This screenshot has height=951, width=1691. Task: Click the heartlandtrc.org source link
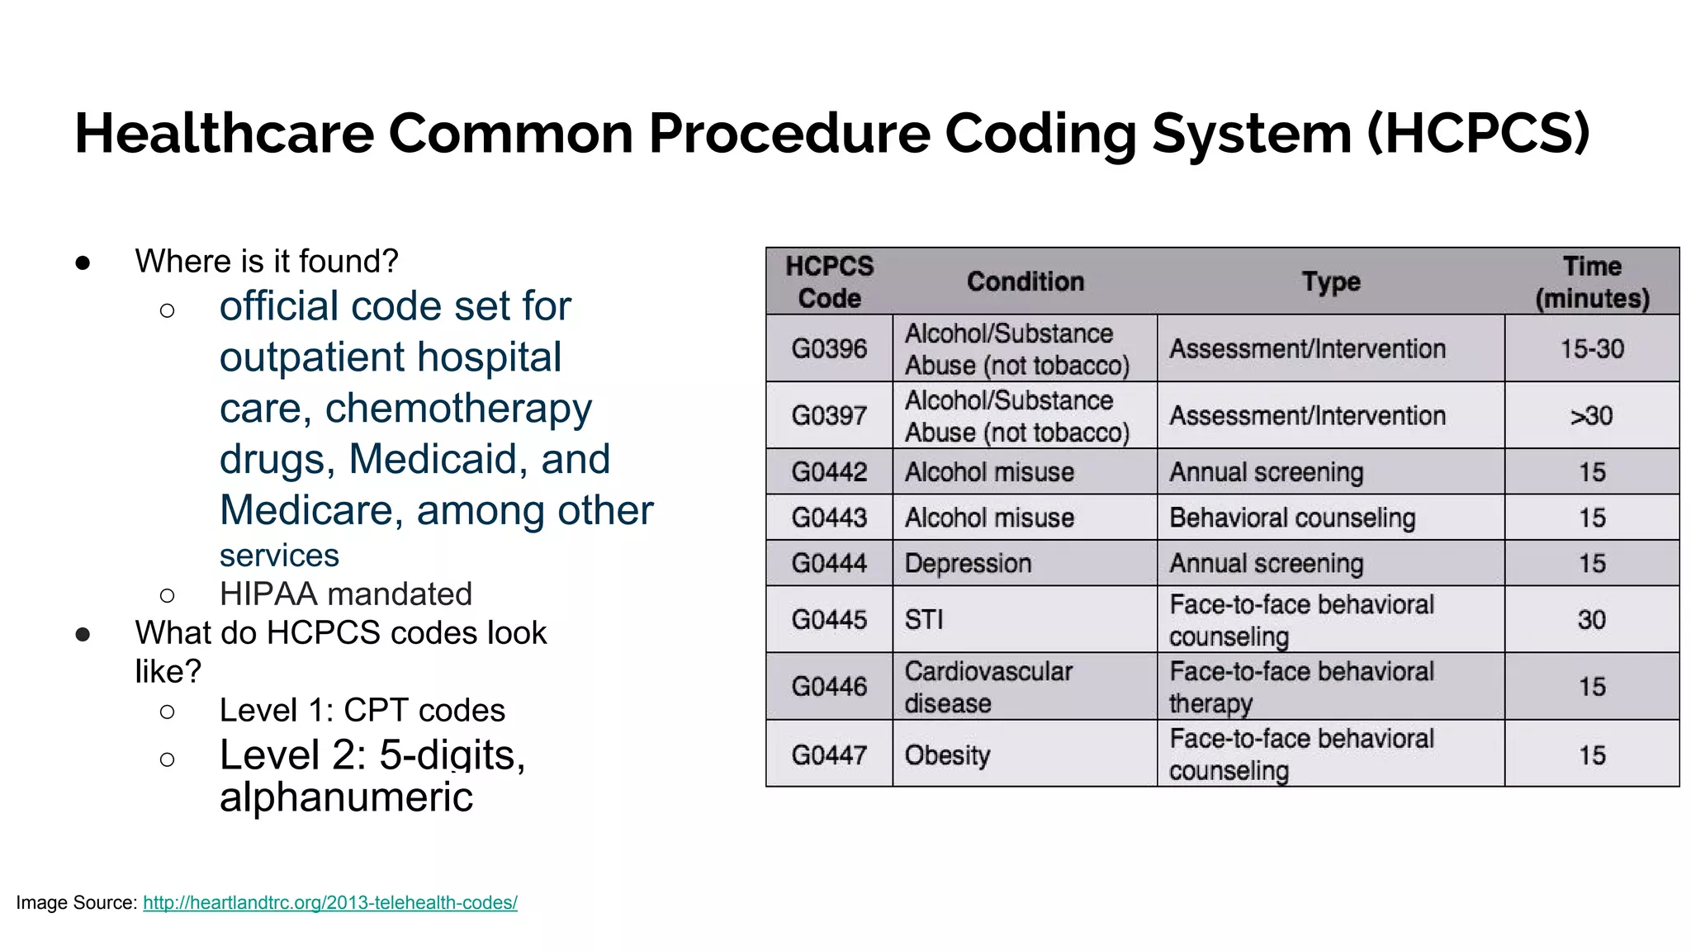[x=329, y=902]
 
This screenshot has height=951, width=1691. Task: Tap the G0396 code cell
[x=829, y=348]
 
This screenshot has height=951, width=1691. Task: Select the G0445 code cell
[x=829, y=619]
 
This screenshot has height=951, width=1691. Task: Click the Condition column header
[x=1025, y=282]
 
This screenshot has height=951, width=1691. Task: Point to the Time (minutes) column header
[x=1591, y=282]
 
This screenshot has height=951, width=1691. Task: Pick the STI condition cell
[x=924, y=619]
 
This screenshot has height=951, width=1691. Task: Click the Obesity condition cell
[x=947, y=755]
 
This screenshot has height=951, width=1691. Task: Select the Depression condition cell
[x=968, y=563]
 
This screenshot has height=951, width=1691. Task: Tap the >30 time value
[x=1591, y=415]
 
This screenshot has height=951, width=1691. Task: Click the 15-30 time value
[x=1591, y=348]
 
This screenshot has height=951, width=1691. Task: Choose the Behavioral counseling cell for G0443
[x=1292, y=518]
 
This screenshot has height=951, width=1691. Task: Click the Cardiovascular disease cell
[x=988, y=687]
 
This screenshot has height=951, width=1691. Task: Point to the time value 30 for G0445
[x=1591, y=619]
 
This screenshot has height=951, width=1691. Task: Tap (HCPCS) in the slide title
[x=1478, y=133]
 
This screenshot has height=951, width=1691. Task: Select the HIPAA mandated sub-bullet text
[x=345, y=594]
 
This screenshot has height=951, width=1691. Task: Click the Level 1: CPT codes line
[x=362, y=710]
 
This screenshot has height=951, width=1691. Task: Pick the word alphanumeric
[x=346, y=797]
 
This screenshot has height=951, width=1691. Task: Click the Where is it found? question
[x=267, y=261]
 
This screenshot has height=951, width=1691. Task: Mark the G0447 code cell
[x=829, y=755]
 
